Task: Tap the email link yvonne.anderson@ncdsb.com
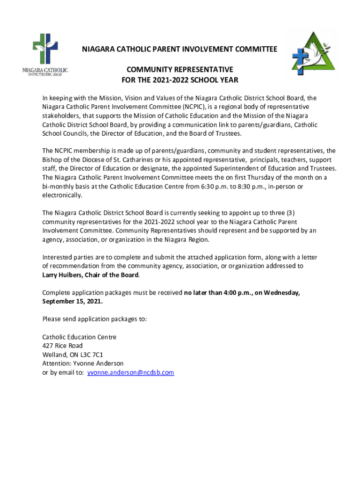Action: pyautogui.click(x=130, y=373)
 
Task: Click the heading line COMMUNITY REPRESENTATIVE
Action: pyautogui.click(x=180, y=68)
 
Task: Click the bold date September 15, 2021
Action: pyautogui.click(x=72, y=301)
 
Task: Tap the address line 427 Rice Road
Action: pyautogui.click(x=62, y=346)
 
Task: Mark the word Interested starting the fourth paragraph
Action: pyautogui.click(x=57, y=257)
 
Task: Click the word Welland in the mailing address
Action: pyautogui.click(x=54, y=355)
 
